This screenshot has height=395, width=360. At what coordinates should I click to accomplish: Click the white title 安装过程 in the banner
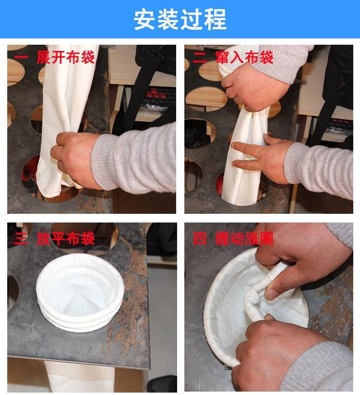pyautogui.click(x=180, y=19)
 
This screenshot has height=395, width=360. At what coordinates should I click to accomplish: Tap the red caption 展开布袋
pyautogui.click(x=66, y=57)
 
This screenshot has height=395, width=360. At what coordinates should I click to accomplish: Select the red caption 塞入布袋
pyautogui.click(x=244, y=57)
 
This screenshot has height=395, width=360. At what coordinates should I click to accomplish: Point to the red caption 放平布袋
pyautogui.click(x=66, y=238)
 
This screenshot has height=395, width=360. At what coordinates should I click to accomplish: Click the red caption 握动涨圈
pyautogui.click(x=244, y=238)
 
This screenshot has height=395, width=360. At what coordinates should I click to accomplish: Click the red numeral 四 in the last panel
pyautogui.click(x=200, y=238)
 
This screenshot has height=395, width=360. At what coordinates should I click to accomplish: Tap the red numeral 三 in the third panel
pyautogui.click(x=21, y=238)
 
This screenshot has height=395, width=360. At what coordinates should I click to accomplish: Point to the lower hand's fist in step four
pyautogui.click(x=267, y=350)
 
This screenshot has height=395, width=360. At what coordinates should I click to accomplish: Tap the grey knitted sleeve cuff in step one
pyautogui.click(x=106, y=162)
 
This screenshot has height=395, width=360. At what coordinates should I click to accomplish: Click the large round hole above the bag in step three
pyautogui.click(x=84, y=238)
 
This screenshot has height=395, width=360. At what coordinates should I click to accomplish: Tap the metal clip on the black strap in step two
pyautogui.click(x=342, y=81)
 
